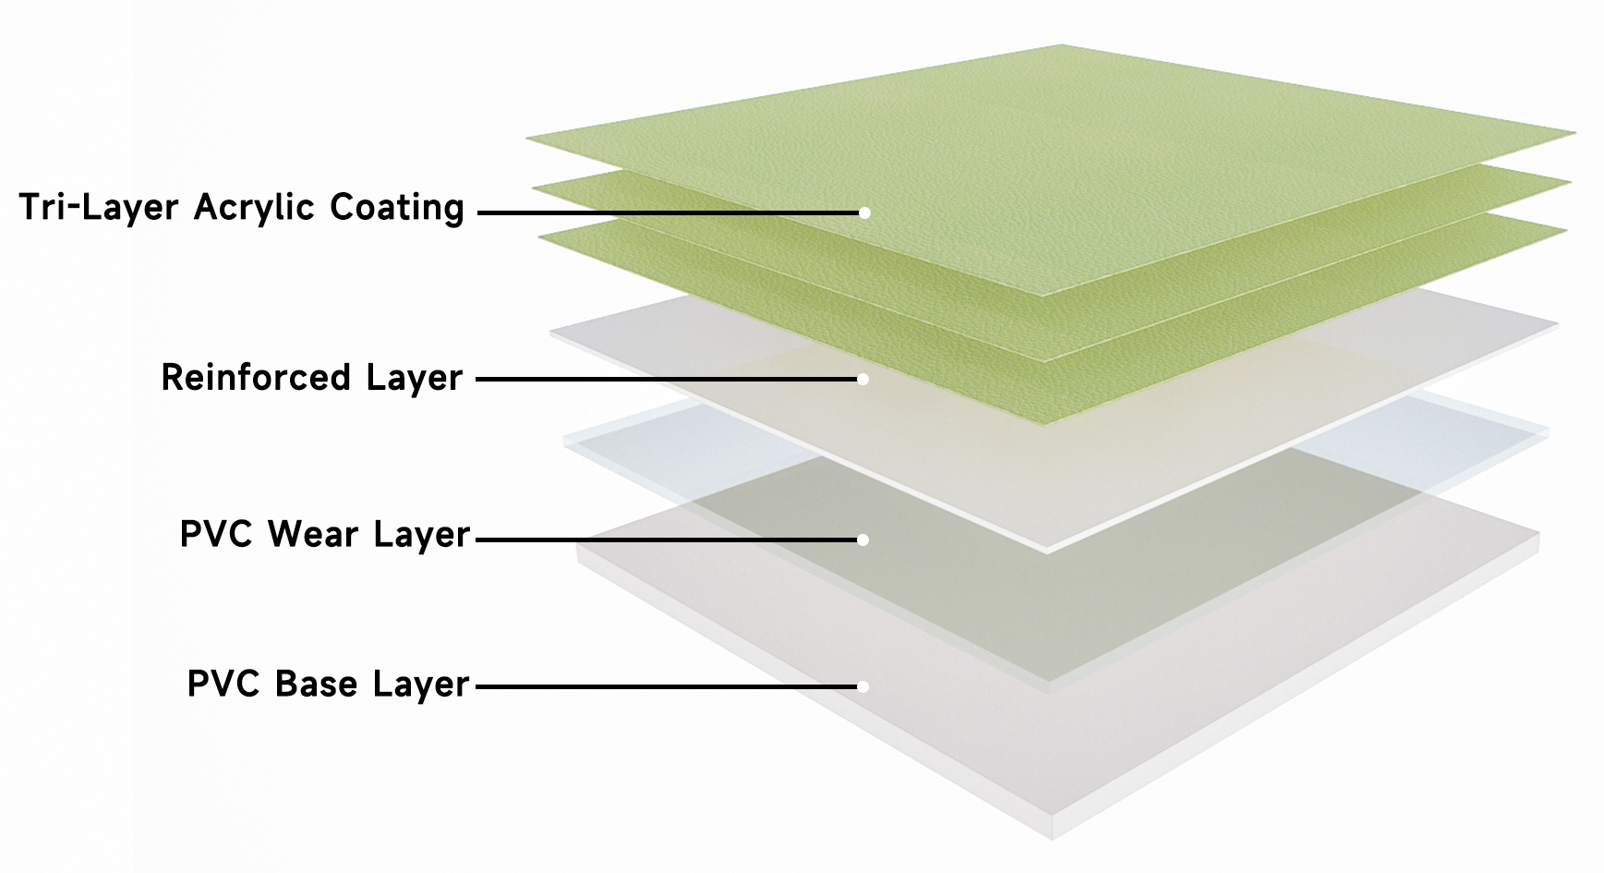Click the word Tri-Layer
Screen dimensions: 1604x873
click(x=98, y=207)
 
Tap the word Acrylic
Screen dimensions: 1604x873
click(x=254, y=207)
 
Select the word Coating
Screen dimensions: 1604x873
click(x=397, y=207)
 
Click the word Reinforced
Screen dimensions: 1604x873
click(x=256, y=377)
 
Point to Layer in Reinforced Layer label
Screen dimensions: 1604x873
click(x=414, y=379)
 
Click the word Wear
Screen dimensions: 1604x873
click(x=313, y=534)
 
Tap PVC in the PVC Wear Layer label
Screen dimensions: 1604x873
click(x=216, y=534)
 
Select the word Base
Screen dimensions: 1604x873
click(x=316, y=684)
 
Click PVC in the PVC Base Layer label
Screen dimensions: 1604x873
click(x=223, y=684)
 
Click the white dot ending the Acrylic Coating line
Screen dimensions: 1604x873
click(x=864, y=212)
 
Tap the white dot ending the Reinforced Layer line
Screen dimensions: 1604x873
click(x=862, y=379)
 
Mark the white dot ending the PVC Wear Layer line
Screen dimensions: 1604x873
click(x=862, y=540)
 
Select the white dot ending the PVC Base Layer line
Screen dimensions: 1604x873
click(x=862, y=686)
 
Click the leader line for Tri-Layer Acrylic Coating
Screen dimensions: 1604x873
click(x=670, y=212)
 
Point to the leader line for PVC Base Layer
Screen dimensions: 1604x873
click(x=669, y=686)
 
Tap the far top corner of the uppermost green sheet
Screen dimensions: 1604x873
click(x=1060, y=44)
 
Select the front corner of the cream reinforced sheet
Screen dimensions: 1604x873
click(x=1048, y=551)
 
